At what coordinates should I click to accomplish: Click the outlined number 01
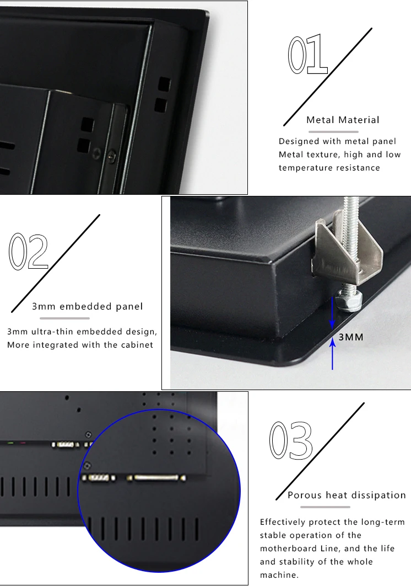tap(307, 55)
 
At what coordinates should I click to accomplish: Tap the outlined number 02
tap(29, 252)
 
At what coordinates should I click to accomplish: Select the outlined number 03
tap(291, 441)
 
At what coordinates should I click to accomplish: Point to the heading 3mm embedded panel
tap(88, 306)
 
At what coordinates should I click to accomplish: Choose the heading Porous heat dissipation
tap(347, 495)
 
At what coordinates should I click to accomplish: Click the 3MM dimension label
tap(351, 337)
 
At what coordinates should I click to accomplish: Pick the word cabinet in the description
tap(137, 344)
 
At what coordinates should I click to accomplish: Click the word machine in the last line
tap(279, 575)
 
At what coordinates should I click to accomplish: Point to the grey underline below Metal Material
tap(333, 131)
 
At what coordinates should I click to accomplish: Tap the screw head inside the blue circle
tap(87, 466)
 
